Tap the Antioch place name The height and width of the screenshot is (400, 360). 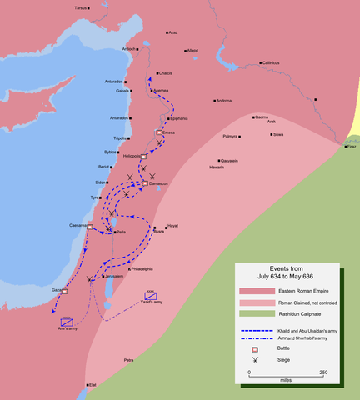click(x=129, y=48)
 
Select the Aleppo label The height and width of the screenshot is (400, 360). click(x=193, y=51)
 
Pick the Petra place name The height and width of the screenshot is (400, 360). click(x=128, y=360)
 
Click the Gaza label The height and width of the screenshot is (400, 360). click(x=57, y=290)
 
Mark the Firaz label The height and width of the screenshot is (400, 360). click(x=352, y=146)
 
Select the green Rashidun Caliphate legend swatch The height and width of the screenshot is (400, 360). click(x=251, y=313)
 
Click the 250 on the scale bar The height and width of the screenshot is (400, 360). click(x=322, y=372)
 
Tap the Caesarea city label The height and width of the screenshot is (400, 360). click(x=79, y=225)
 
